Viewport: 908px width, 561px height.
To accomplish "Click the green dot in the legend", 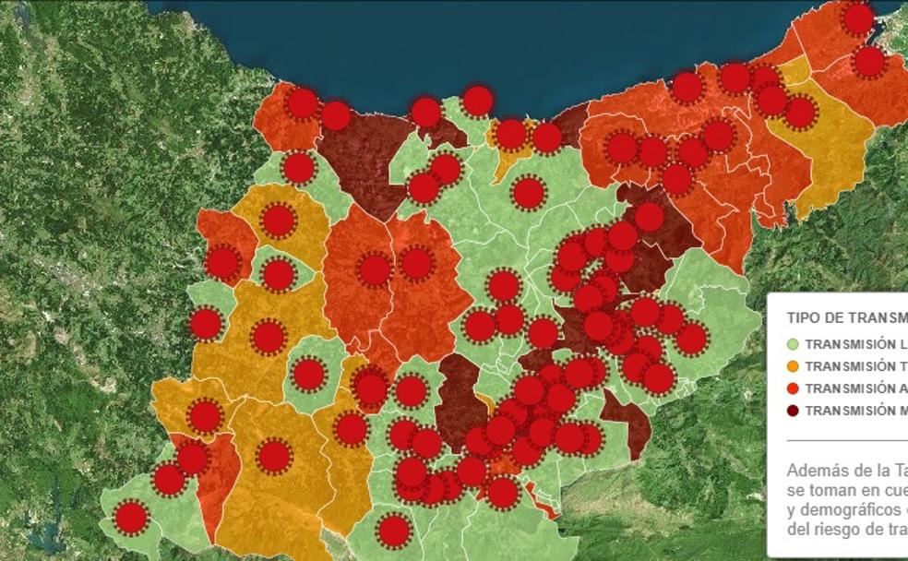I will (793, 344).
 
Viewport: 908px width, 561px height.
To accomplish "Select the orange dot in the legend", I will (793, 366).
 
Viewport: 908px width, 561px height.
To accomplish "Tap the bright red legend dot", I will (793, 388).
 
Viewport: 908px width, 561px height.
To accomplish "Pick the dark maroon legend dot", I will (793, 411).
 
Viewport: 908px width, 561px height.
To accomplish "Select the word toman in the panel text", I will (830, 490).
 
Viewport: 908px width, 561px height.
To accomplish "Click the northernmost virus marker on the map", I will (858, 18).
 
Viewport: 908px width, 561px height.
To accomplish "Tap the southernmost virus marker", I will (394, 531).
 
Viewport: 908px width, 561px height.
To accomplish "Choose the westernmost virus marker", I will (132, 518).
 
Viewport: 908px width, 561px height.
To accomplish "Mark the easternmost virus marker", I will (869, 62).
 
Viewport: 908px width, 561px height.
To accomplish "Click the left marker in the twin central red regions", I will (375, 269).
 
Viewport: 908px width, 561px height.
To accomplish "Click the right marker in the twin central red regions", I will (417, 263).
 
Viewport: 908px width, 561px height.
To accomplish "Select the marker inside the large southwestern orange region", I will (274, 456).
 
